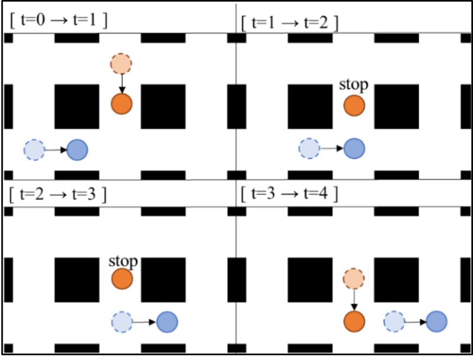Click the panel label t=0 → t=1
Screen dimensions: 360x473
pos(58,21)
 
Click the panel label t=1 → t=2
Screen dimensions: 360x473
pos(290,24)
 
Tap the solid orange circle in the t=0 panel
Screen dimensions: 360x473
pos(122,103)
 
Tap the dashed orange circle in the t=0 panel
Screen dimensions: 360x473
pos(121,63)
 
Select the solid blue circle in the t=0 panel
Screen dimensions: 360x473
pos(77,150)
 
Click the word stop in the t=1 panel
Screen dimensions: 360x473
pos(354,85)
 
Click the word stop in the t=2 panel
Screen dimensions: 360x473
pos(123,261)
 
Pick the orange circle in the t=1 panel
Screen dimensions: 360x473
pos(354,106)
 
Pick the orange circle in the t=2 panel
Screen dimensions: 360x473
pos(122,279)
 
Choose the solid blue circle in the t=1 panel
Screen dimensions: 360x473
pos(354,148)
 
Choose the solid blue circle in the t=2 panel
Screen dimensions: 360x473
pos(167,322)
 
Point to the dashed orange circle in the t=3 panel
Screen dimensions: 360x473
pos(354,278)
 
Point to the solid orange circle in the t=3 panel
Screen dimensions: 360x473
pos(354,322)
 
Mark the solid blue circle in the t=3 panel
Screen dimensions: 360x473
pos(436,322)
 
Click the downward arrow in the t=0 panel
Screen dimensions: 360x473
pos(121,83)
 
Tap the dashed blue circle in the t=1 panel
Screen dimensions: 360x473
pos(309,148)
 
